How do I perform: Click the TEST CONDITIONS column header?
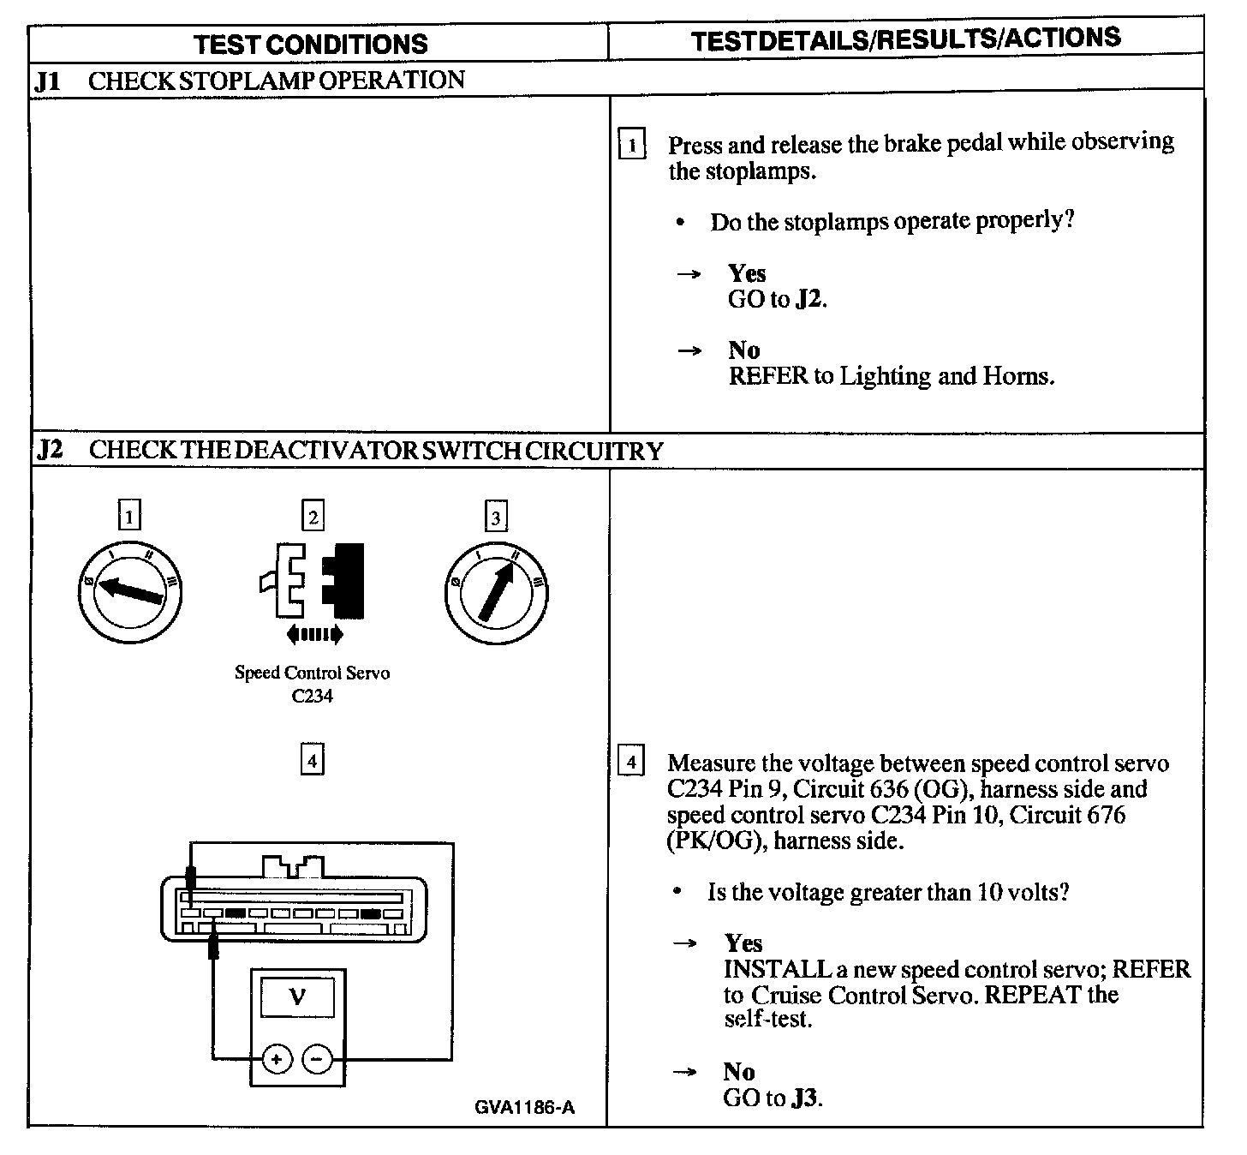(310, 44)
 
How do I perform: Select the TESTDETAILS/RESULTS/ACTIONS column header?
(905, 39)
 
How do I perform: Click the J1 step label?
(47, 81)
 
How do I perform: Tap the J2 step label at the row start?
(49, 450)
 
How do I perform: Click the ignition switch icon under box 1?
(128, 591)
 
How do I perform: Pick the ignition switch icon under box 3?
(497, 592)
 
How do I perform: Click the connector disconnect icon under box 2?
(313, 580)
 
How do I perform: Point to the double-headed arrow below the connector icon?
(314, 634)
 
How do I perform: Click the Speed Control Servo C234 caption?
(312, 684)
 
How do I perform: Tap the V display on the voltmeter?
(297, 996)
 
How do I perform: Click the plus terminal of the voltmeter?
(276, 1060)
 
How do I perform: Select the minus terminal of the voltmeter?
(317, 1060)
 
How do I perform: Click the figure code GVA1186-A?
(524, 1107)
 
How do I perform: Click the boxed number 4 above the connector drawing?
(312, 760)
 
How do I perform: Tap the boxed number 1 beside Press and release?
(631, 145)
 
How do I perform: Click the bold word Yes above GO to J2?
(747, 273)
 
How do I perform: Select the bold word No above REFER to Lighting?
(743, 350)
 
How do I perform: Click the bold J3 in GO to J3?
(805, 1098)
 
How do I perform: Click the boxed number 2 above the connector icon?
(313, 517)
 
